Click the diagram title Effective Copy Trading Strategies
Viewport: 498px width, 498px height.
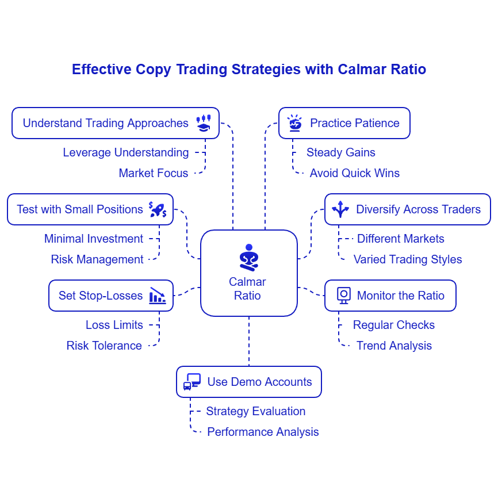[x=248, y=70]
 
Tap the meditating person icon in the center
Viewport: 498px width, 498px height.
[x=248, y=257]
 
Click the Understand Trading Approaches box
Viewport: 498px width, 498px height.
[x=115, y=123]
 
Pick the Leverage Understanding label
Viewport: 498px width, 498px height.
[x=125, y=152]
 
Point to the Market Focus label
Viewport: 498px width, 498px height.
[x=153, y=173]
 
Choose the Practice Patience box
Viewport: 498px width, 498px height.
[x=344, y=123]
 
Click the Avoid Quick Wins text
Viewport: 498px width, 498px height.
[x=354, y=173]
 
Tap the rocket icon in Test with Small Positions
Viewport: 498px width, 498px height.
[x=158, y=209]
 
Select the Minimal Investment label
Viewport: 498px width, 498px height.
[x=94, y=239]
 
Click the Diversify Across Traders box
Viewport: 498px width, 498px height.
[x=407, y=209]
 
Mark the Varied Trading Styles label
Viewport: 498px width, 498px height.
[x=407, y=259]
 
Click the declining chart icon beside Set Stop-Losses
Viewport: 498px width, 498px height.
[x=158, y=296]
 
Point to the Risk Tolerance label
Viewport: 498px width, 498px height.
[x=104, y=346]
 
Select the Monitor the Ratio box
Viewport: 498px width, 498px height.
[x=390, y=296]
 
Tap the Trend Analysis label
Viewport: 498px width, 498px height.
[x=394, y=346]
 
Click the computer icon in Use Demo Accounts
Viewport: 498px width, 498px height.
[x=192, y=382]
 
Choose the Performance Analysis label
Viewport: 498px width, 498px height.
[x=263, y=432]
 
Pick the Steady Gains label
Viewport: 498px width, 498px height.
[x=340, y=152]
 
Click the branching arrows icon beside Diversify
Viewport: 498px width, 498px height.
[x=340, y=209]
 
